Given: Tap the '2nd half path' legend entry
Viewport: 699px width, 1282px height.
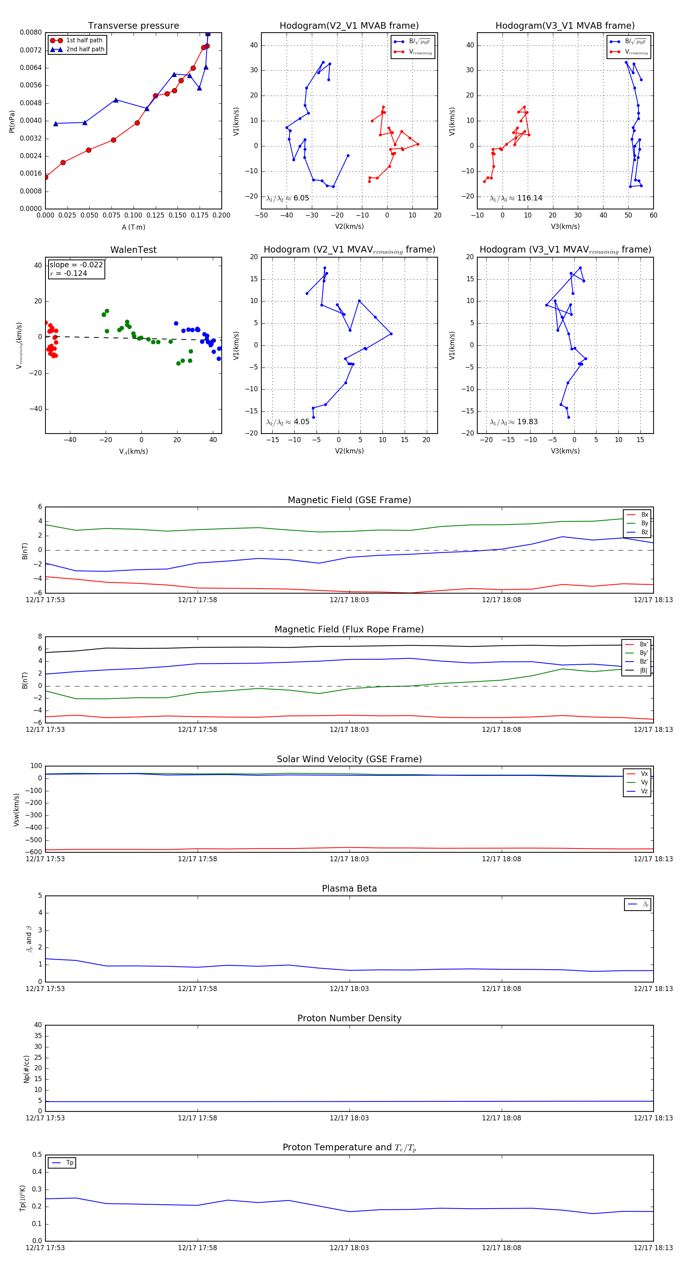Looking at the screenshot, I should click(85, 49).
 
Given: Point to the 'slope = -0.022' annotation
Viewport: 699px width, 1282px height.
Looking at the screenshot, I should click(76, 265).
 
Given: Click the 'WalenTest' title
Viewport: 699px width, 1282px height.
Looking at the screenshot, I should click(133, 250).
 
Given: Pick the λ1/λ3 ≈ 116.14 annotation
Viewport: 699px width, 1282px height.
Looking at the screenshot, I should click(516, 198).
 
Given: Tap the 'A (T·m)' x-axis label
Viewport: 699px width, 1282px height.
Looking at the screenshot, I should click(133, 227).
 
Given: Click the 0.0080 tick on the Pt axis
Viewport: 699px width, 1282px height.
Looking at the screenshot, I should click(31, 32).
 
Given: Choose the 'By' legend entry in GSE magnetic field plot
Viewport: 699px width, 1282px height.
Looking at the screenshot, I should click(644, 523).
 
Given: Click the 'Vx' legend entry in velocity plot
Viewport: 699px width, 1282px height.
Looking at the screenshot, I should click(644, 773).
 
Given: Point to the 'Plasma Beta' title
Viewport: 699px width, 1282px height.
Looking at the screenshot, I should click(349, 888).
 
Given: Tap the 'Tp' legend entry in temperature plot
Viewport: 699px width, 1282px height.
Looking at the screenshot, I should click(70, 1163).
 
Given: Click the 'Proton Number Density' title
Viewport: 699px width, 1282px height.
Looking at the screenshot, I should click(349, 1018).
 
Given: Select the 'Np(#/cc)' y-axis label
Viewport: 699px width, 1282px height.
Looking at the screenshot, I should click(26, 1069).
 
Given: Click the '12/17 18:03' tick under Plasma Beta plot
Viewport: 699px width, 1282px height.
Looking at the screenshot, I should click(349, 988).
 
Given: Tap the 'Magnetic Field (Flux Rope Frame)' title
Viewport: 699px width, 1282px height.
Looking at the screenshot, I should click(349, 630).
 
